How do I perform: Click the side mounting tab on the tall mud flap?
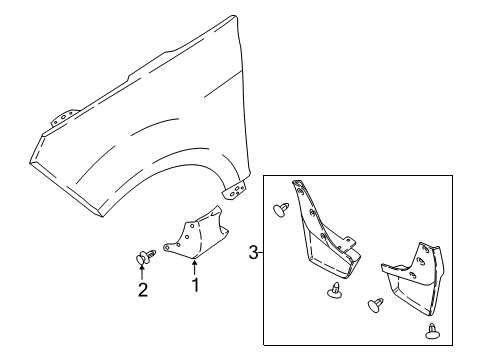pyautogui.click(x=350, y=267)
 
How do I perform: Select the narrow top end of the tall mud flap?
pyautogui.click(x=297, y=186)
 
